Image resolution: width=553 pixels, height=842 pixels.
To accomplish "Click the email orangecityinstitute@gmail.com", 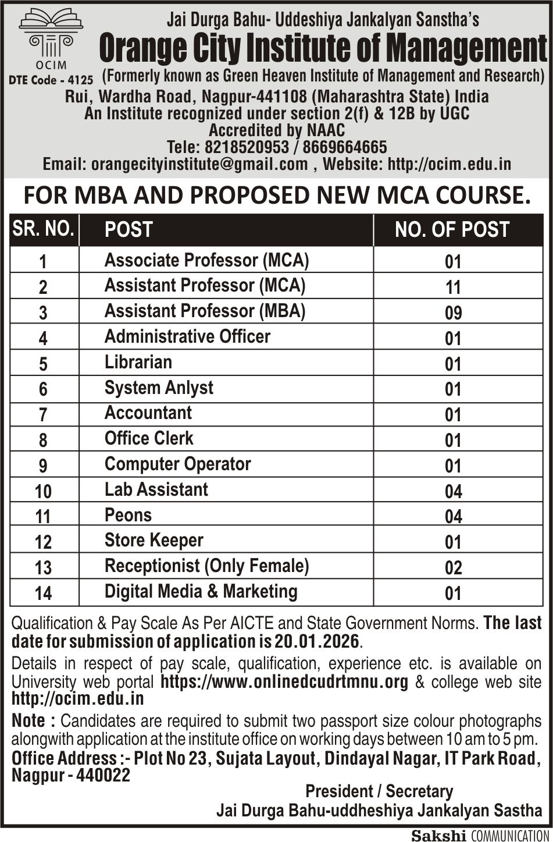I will pos(199,164).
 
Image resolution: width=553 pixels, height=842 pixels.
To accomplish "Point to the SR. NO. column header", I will pos(44,229).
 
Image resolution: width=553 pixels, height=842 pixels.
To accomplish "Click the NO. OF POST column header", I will pos(452,230).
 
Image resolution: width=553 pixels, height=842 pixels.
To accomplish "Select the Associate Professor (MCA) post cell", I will pos(206,260).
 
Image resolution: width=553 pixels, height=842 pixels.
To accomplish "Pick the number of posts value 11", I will pos(453,287).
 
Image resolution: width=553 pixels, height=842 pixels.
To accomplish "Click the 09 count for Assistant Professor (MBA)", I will pos(453,313).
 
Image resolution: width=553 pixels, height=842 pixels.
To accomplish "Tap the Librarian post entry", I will pos(138,362).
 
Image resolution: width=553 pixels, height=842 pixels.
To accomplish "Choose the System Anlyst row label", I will pos(159,388).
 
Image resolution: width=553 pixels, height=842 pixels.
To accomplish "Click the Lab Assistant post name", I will pos(156,489).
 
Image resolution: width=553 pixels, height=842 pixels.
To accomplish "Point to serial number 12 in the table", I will pos(43,542).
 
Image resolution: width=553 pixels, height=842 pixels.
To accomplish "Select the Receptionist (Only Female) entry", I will pos(206,566).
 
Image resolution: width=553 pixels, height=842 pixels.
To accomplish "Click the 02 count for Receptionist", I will pos(453,568).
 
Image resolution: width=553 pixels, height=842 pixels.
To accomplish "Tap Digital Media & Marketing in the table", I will pos(201,591).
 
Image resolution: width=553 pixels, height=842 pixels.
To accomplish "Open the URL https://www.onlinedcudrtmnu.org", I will pos(284,681).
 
